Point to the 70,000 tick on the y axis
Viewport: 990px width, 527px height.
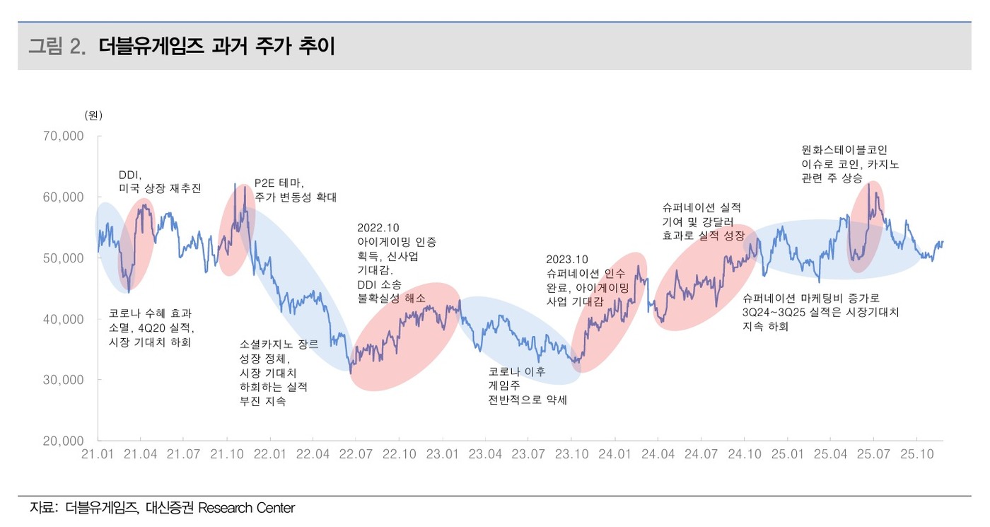pyautogui.click(x=64, y=136)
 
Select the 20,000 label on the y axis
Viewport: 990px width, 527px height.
pyautogui.click(x=64, y=441)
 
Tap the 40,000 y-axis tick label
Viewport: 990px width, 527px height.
pyautogui.click(x=64, y=319)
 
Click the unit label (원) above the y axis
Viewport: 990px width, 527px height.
pyautogui.click(x=93, y=115)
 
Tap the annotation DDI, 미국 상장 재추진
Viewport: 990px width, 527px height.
pyautogui.click(x=160, y=182)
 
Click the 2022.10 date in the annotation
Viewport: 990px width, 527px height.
pyautogui.click(x=378, y=228)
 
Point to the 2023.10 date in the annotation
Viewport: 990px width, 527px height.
pyautogui.click(x=566, y=259)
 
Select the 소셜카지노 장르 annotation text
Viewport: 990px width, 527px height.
pyautogui.click(x=279, y=344)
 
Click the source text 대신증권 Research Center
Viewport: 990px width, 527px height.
pyautogui.click(x=220, y=508)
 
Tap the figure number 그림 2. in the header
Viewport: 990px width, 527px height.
pyautogui.click(x=57, y=47)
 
